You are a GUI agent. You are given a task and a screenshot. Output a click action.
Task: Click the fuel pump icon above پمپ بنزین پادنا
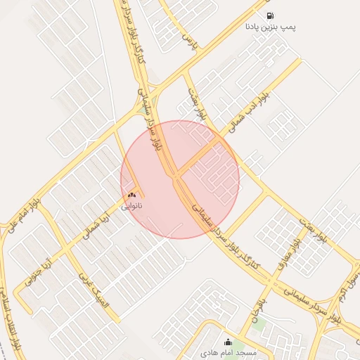point(269,15)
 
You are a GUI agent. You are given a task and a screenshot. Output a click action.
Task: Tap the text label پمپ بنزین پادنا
point(270,27)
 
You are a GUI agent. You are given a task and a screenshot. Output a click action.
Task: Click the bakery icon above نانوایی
point(131,195)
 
